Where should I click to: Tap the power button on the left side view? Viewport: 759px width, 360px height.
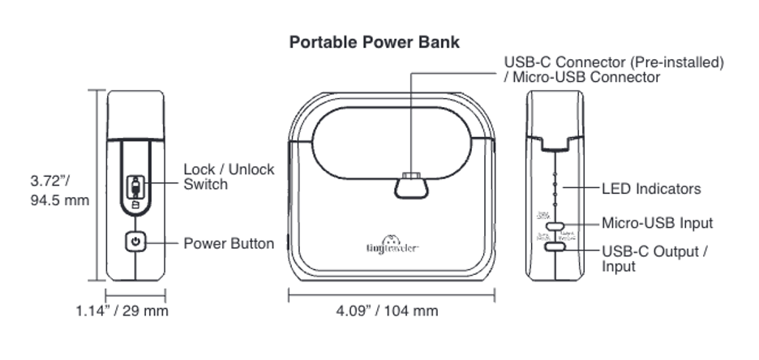[135, 242]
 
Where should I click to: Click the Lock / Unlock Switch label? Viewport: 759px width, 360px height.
[229, 177]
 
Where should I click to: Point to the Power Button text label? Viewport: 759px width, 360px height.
[229, 243]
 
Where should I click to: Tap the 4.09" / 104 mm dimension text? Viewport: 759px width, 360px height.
[387, 311]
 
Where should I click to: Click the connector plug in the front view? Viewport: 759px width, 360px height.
[411, 186]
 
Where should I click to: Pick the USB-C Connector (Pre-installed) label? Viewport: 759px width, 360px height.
[614, 62]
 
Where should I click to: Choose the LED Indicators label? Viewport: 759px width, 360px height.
[651, 189]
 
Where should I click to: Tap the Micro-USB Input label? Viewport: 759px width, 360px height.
[658, 223]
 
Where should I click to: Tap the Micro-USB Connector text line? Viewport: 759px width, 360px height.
[582, 78]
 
